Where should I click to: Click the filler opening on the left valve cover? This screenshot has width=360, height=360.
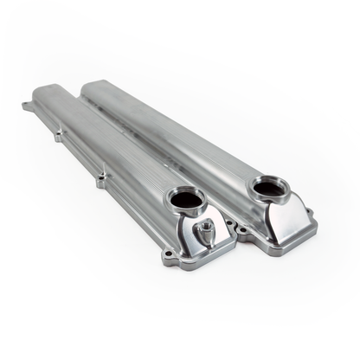[x=187, y=199]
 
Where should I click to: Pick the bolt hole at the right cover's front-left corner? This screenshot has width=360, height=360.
[x=242, y=228]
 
